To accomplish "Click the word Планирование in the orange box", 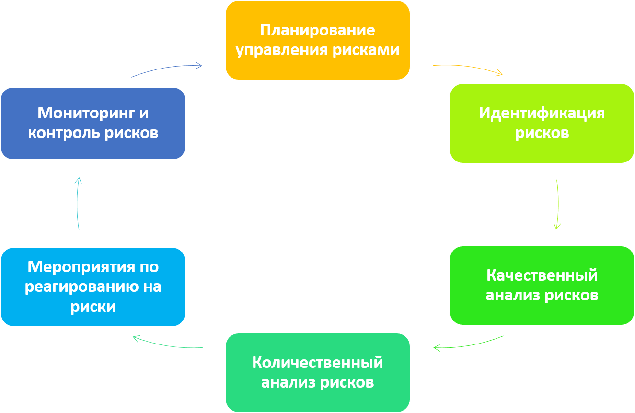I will pyautogui.click(x=317, y=30).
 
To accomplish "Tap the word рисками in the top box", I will pyautogui.click(x=374, y=50).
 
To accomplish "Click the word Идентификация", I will pyautogui.click(x=542, y=113).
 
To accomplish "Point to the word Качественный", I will pyautogui.click(x=542, y=275).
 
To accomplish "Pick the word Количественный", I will pyautogui.click(x=317, y=363).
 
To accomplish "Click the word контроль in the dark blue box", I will pyautogui.click(x=58, y=133).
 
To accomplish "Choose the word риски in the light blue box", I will pyautogui.click(x=93, y=307).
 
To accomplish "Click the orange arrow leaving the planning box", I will pyautogui.click(x=468, y=69).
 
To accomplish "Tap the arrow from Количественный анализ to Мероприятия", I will pyautogui.click(x=167, y=344).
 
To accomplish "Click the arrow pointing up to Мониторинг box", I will pyautogui.click(x=78, y=204).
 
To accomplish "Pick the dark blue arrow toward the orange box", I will pyautogui.click(x=167, y=69).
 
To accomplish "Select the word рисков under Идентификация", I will pyautogui.click(x=542, y=133).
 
